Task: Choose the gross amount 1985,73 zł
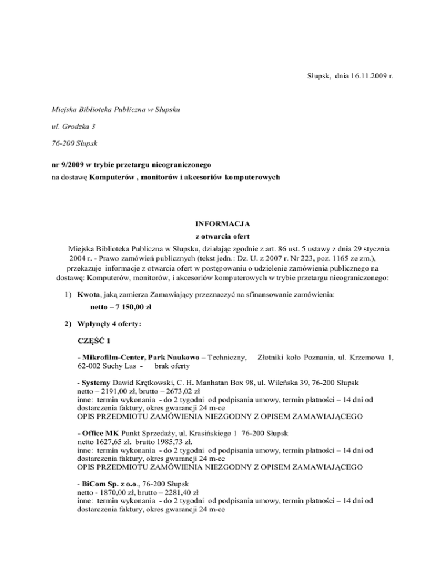[x=165, y=442]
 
